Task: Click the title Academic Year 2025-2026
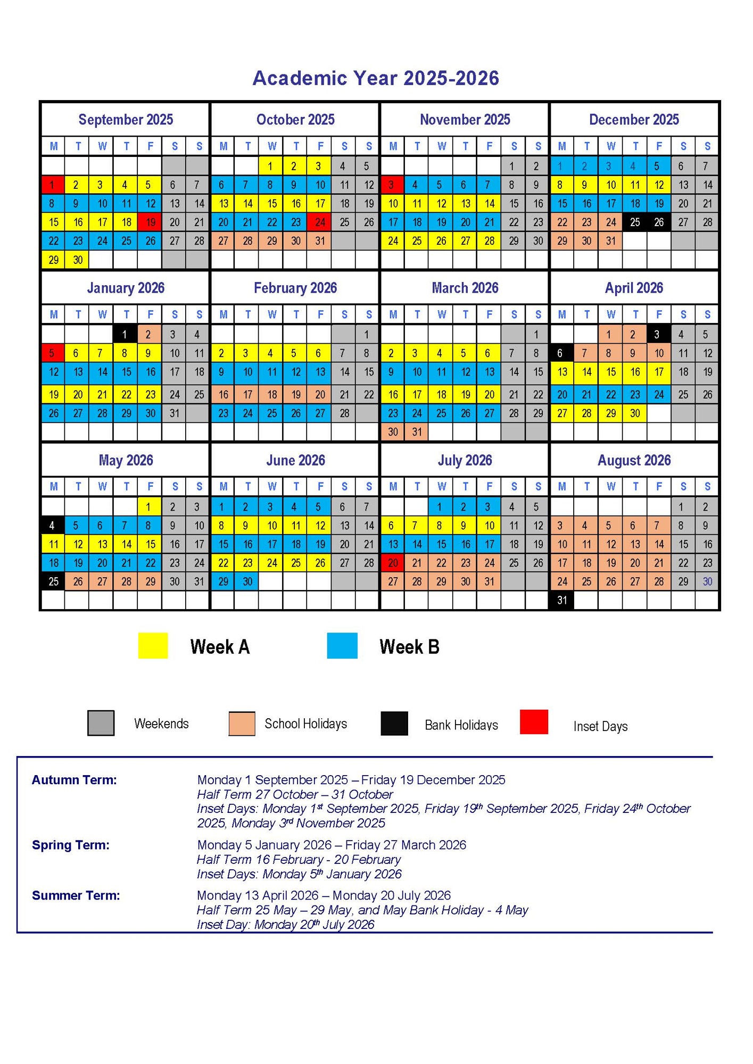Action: coord(376,78)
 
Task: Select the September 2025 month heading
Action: coord(126,120)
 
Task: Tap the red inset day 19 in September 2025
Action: coord(150,222)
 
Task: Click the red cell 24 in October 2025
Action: coord(320,222)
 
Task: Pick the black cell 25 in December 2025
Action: coord(635,222)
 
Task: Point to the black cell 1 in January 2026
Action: coord(125,335)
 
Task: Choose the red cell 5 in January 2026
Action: coord(53,353)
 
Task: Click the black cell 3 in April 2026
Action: coord(658,335)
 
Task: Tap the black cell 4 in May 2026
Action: coord(53,526)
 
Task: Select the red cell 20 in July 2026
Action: coord(393,563)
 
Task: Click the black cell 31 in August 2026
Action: coord(562,600)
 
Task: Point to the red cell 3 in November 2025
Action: coord(392,185)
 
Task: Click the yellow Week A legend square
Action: coord(153,646)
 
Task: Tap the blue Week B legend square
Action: coord(342,646)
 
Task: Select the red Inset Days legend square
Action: coord(534,722)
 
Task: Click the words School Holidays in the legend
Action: coord(305,724)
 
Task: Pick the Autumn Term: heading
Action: coord(74,780)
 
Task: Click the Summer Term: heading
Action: coord(76,895)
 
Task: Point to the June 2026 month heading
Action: coord(295,460)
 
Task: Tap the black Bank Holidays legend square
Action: coord(394,724)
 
